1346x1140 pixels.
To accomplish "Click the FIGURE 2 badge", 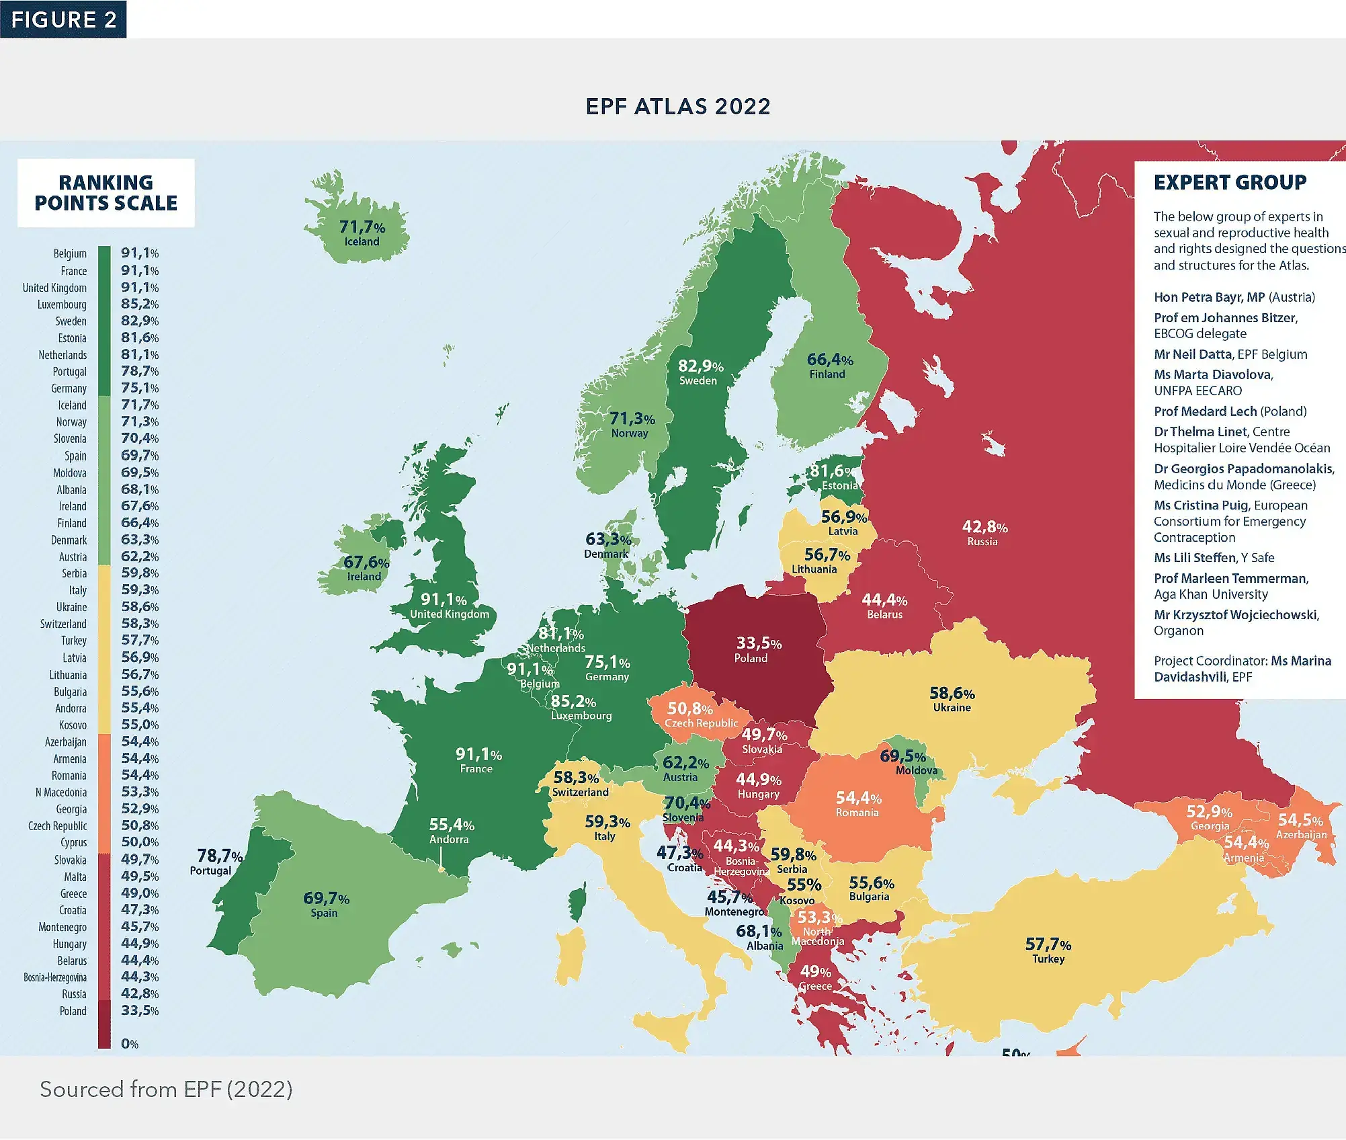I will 63,19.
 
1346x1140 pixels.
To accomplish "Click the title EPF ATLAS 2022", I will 677,106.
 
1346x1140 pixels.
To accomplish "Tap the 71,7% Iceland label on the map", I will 362,233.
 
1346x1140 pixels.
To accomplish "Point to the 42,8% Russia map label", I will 984,533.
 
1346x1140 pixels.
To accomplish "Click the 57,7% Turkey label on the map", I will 1048,950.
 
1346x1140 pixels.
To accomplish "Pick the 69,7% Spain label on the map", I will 326,904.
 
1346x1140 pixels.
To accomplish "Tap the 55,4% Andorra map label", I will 451,830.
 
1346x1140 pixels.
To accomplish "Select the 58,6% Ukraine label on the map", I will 952,698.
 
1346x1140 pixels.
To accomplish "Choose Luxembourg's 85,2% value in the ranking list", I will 140,304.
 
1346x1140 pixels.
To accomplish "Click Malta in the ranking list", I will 75,877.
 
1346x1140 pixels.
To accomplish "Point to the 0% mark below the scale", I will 129,1044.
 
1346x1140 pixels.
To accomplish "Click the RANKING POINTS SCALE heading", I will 106,192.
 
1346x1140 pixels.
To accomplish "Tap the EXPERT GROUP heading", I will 1230,182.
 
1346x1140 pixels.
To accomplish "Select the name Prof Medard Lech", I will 1205,411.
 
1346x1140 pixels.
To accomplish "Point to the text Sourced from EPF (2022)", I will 166,1089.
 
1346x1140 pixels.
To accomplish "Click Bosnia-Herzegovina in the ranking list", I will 55,977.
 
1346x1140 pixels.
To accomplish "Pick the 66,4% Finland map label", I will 829,366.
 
